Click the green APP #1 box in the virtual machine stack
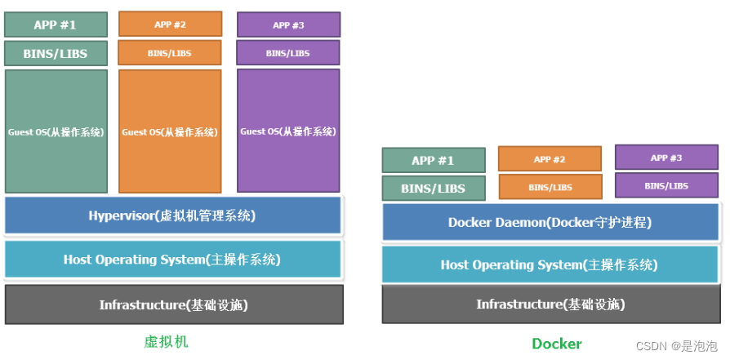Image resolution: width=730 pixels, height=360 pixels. (x=56, y=24)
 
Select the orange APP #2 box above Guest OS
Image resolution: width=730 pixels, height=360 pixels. (x=170, y=24)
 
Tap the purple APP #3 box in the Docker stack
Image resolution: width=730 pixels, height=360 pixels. (x=666, y=158)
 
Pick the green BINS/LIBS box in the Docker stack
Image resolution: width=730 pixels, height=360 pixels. (x=434, y=189)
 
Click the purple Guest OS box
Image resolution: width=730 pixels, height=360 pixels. (x=288, y=131)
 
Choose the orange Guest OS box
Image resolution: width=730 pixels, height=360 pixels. (x=170, y=131)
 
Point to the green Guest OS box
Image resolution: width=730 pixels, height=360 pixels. (x=56, y=131)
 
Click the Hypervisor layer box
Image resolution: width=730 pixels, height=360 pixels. (x=172, y=216)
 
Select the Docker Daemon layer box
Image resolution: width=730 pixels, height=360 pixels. (x=550, y=222)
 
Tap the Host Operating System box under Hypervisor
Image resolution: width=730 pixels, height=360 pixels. (x=172, y=260)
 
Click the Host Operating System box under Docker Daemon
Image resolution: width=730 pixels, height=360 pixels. (x=550, y=264)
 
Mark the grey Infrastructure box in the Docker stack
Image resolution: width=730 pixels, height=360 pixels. (x=550, y=304)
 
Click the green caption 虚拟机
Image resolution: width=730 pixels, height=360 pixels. (x=166, y=341)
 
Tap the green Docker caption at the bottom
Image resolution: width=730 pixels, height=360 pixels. (x=557, y=344)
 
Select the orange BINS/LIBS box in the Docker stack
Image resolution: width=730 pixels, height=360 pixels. (x=550, y=187)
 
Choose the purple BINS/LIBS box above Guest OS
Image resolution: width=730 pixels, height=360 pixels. (x=288, y=53)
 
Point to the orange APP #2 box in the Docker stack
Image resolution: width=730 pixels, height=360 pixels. (x=550, y=159)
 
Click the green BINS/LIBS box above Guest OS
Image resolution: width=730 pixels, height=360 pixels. (x=56, y=54)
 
